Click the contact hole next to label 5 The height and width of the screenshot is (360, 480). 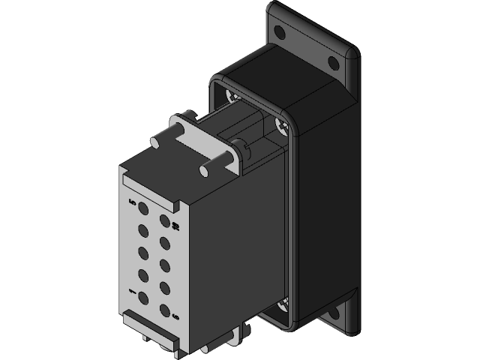143,211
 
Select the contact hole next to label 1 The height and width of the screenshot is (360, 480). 143,292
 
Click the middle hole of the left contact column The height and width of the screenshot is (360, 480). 143,252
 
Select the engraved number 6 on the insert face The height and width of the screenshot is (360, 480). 175,316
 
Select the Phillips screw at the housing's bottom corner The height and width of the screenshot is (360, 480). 283,305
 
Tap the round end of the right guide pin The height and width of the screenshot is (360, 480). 203,171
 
